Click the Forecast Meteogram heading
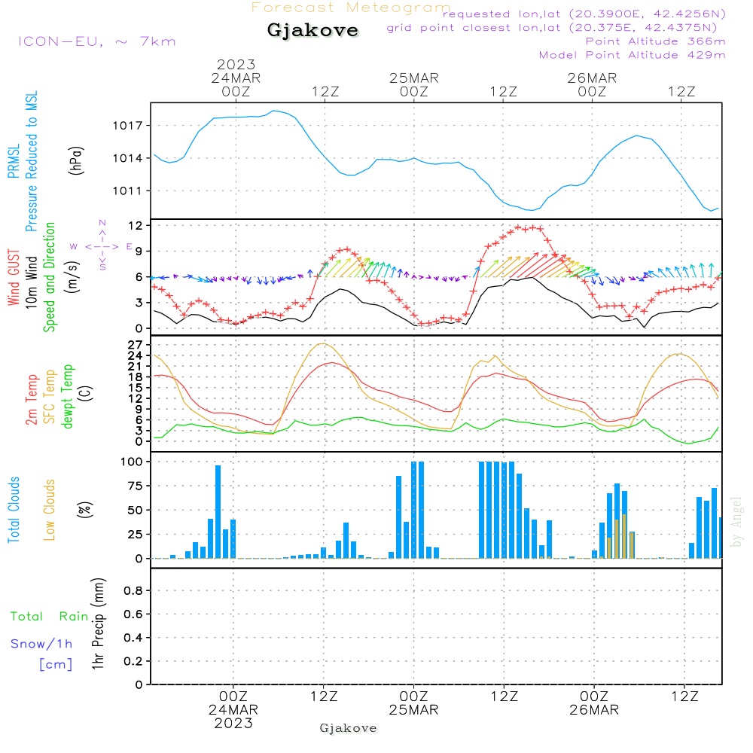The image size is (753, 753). [351, 8]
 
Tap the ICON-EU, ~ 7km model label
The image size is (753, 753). [96, 41]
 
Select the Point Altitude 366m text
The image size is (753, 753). [655, 41]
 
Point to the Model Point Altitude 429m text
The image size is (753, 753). [633, 55]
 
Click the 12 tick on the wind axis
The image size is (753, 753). [136, 226]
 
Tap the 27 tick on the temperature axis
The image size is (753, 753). [136, 344]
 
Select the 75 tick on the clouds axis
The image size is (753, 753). [133, 486]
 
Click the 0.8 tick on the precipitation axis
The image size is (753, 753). [133, 591]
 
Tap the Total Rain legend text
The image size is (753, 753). [50, 617]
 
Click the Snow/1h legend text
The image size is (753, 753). [42, 644]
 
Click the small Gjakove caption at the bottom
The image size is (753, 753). [348, 728]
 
